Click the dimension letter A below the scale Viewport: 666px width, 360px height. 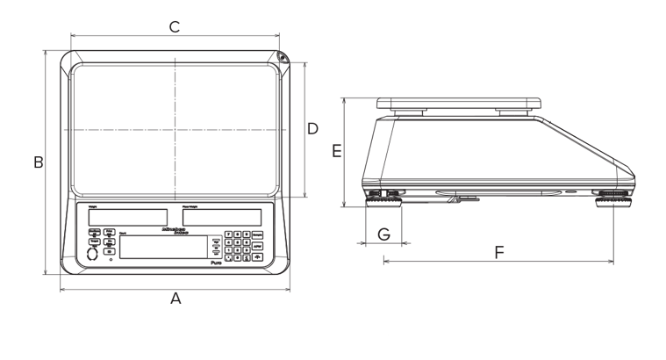click(175, 299)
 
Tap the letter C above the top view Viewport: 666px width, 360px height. click(175, 28)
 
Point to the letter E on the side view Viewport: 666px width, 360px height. click(338, 151)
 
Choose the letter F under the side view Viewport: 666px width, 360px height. click(499, 253)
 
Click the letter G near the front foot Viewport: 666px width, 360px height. click(383, 234)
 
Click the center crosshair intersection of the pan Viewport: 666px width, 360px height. click(175, 129)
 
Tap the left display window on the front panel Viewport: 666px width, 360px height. click(128, 216)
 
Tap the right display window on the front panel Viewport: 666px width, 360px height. click(223, 216)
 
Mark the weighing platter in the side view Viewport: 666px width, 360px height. click(456, 102)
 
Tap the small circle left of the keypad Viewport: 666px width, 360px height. click(94, 253)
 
